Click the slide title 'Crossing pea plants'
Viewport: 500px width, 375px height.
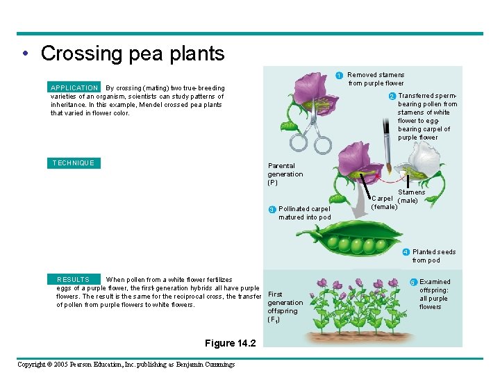pos(133,53)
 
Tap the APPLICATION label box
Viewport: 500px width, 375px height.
pos(74,88)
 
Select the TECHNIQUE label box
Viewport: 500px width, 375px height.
pos(73,163)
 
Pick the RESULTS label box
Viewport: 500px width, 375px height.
pos(73,279)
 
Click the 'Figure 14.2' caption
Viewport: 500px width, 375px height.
pos(231,343)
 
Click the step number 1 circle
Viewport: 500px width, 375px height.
pos(338,75)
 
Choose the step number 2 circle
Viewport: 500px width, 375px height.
pos(392,96)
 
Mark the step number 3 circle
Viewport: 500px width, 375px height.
pos(272,210)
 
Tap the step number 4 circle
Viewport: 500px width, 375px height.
pos(406,252)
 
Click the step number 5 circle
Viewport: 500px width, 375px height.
pos(413,282)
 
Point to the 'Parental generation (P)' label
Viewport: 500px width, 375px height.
pos(285,174)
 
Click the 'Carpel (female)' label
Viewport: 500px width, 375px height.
pos(385,202)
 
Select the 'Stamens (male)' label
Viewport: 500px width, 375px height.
pos(411,197)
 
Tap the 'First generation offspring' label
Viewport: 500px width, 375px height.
pos(285,306)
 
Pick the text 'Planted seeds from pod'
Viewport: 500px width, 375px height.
pos(433,256)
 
